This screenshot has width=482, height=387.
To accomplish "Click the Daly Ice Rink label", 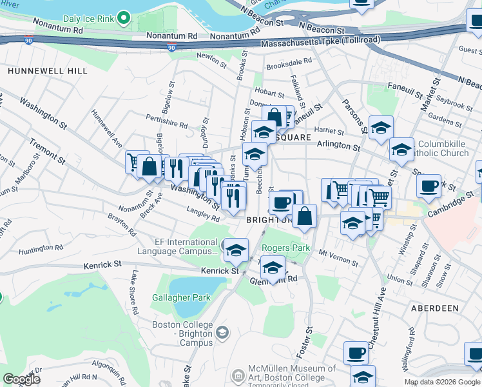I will pos(86,17).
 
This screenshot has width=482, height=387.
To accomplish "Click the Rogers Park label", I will pos(285,248).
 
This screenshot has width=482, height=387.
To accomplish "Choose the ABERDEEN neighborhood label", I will pos(434,309).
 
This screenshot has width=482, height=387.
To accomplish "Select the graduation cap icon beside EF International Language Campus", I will pos(236,250).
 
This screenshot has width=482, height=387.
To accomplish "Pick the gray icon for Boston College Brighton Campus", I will pos(222,332).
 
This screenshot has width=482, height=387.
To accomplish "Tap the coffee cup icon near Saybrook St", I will pos(429,187).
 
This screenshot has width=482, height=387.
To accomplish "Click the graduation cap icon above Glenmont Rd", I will pos(273,268).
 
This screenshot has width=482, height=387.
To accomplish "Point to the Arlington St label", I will pos(338,146).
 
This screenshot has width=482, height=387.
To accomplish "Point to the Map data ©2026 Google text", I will pos(441,382).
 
